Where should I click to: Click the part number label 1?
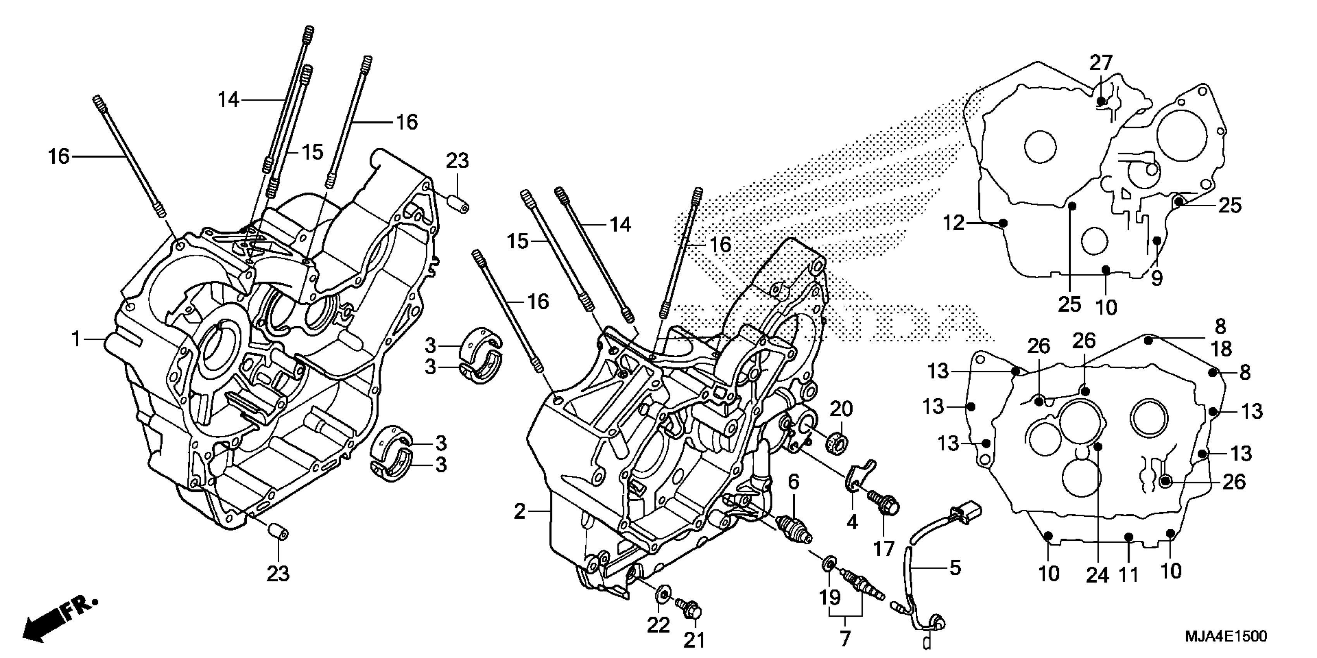pos(76,339)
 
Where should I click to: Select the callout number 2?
pos(519,511)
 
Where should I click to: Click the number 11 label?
pos(1129,575)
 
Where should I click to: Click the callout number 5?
pos(955,567)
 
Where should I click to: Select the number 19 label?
pos(830,597)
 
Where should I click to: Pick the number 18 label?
pos(1221,350)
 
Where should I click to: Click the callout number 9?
pos(1157,278)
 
